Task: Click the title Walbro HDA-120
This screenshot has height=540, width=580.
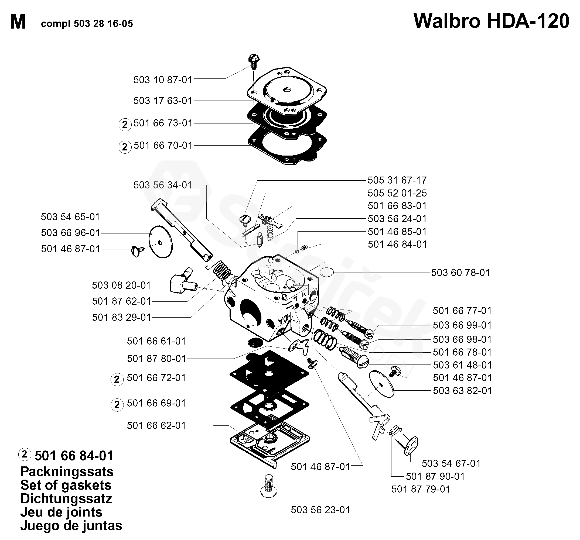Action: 491,21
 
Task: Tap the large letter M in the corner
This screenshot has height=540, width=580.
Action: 18,22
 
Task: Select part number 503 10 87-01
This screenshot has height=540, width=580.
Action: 163,80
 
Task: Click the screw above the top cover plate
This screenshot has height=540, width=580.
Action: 253,61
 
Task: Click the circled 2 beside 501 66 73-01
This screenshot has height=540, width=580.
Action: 125,125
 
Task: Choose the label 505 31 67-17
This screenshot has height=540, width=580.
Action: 397,180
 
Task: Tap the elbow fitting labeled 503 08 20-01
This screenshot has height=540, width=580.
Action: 182,282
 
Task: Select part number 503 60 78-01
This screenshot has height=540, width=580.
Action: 460,273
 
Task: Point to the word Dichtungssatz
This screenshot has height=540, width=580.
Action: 66,498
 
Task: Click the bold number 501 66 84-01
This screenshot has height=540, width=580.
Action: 74,456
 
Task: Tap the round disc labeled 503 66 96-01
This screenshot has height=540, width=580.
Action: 161,242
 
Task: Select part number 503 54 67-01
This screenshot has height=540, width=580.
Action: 451,463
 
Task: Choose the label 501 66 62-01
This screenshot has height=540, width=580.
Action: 156,425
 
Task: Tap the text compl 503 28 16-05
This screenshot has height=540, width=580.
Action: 87,24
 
